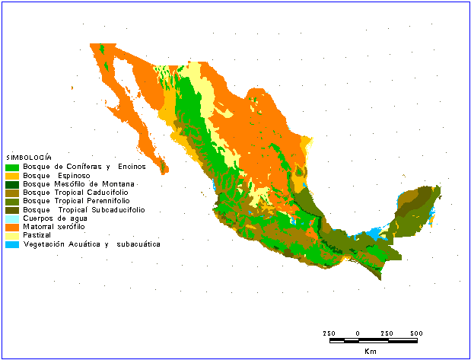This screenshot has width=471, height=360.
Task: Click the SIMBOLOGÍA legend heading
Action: pyautogui.click(x=29, y=157)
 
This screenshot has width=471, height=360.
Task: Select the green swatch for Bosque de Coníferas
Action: pyautogui.click(x=12, y=167)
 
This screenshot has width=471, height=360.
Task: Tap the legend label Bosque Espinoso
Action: pyautogui.click(x=57, y=175)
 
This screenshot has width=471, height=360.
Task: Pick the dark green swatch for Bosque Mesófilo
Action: pyautogui.click(x=12, y=184)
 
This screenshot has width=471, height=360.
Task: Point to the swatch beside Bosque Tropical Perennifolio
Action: pyautogui.click(x=12, y=201)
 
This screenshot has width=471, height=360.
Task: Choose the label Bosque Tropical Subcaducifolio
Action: pyautogui.click(x=84, y=209)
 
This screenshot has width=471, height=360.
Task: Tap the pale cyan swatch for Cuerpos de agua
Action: pyautogui.click(x=12, y=218)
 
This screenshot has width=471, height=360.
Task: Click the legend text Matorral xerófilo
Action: pyautogui.click(x=54, y=227)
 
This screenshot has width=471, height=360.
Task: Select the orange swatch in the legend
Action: pyautogui.click(x=12, y=227)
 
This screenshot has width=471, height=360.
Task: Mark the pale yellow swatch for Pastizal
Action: pyautogui.click(x=12, y=236)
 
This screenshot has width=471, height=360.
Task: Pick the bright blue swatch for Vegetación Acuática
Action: pyautogui.click(x=12, y=244)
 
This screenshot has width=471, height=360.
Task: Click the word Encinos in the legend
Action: pyautogui.click(x=131, y=167)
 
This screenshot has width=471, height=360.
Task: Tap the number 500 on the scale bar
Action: pyautogui.click(x=416, y=333)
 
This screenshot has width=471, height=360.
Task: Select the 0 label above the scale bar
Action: pyautogui.click(x=358, y=333)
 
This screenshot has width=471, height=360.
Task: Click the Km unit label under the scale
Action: pyautogui.click(x=370, y=352)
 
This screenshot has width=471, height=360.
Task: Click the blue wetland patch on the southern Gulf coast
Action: pyautogui.click(x=373, y=233)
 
